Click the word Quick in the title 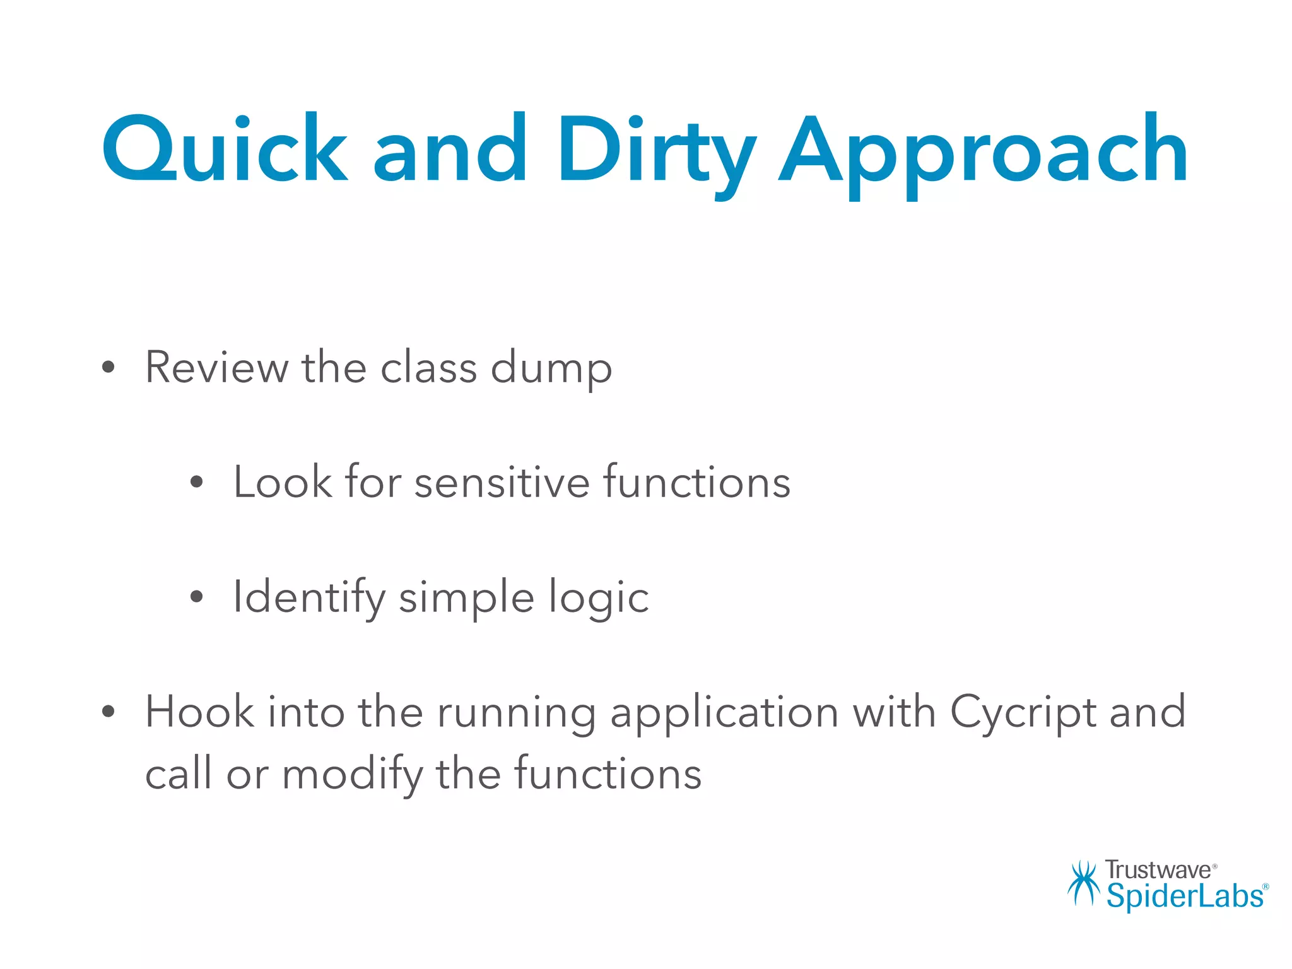tap(224, 150)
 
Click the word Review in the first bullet tap(216, 367)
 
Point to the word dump tap(551, 368)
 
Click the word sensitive tap(502, 482)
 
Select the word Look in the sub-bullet tap(282, 482)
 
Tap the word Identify tap(309, 597)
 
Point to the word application tap(724, 713)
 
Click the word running tap(516, 713)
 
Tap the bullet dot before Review tap(109, 368)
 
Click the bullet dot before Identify tap(197, 597)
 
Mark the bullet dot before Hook tap(109, 712)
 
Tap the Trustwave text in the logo tap(1158, 870)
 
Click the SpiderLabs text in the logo tap(1185, 896)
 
